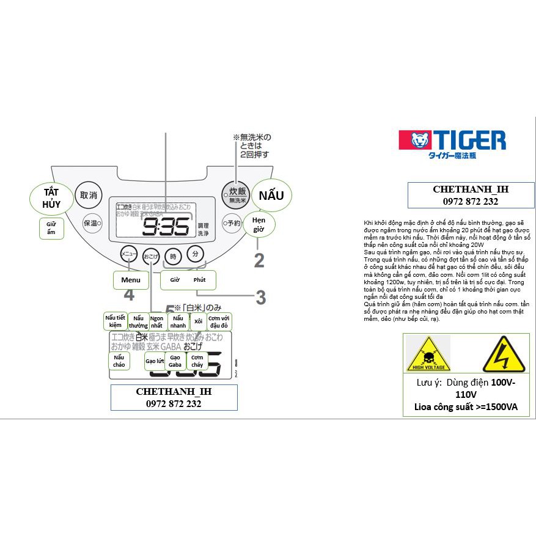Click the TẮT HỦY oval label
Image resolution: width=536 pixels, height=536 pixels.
(51, 198)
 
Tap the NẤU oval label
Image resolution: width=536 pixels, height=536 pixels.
(271, 196)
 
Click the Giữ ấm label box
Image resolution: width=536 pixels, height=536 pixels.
(51, 228)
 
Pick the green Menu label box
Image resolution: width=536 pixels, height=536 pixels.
(131, 280)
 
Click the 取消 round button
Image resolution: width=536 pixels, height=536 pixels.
(89, 196)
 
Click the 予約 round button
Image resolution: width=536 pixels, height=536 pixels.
(231, 223)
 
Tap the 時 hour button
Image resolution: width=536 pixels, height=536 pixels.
(174, 257)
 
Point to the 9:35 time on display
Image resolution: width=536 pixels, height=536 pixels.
(166, 227)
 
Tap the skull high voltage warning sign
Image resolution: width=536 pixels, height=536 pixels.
(428, 354)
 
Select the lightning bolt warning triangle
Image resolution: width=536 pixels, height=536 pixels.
(504, 354)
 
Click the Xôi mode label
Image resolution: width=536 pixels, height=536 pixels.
(198, 321)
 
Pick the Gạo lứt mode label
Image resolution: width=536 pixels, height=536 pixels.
(155, 361)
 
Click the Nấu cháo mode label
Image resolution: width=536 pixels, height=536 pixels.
(119, 361)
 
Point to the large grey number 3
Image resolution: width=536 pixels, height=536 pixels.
(261, 298)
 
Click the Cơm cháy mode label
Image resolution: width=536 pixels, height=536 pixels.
(197, 361)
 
